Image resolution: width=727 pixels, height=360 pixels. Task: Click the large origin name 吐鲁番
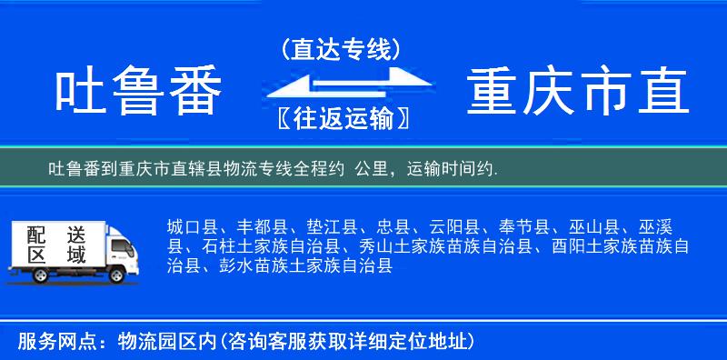point(139,94)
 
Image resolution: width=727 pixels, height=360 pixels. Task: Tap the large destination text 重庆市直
point(578,94)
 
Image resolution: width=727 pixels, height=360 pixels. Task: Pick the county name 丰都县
point(262,226)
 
